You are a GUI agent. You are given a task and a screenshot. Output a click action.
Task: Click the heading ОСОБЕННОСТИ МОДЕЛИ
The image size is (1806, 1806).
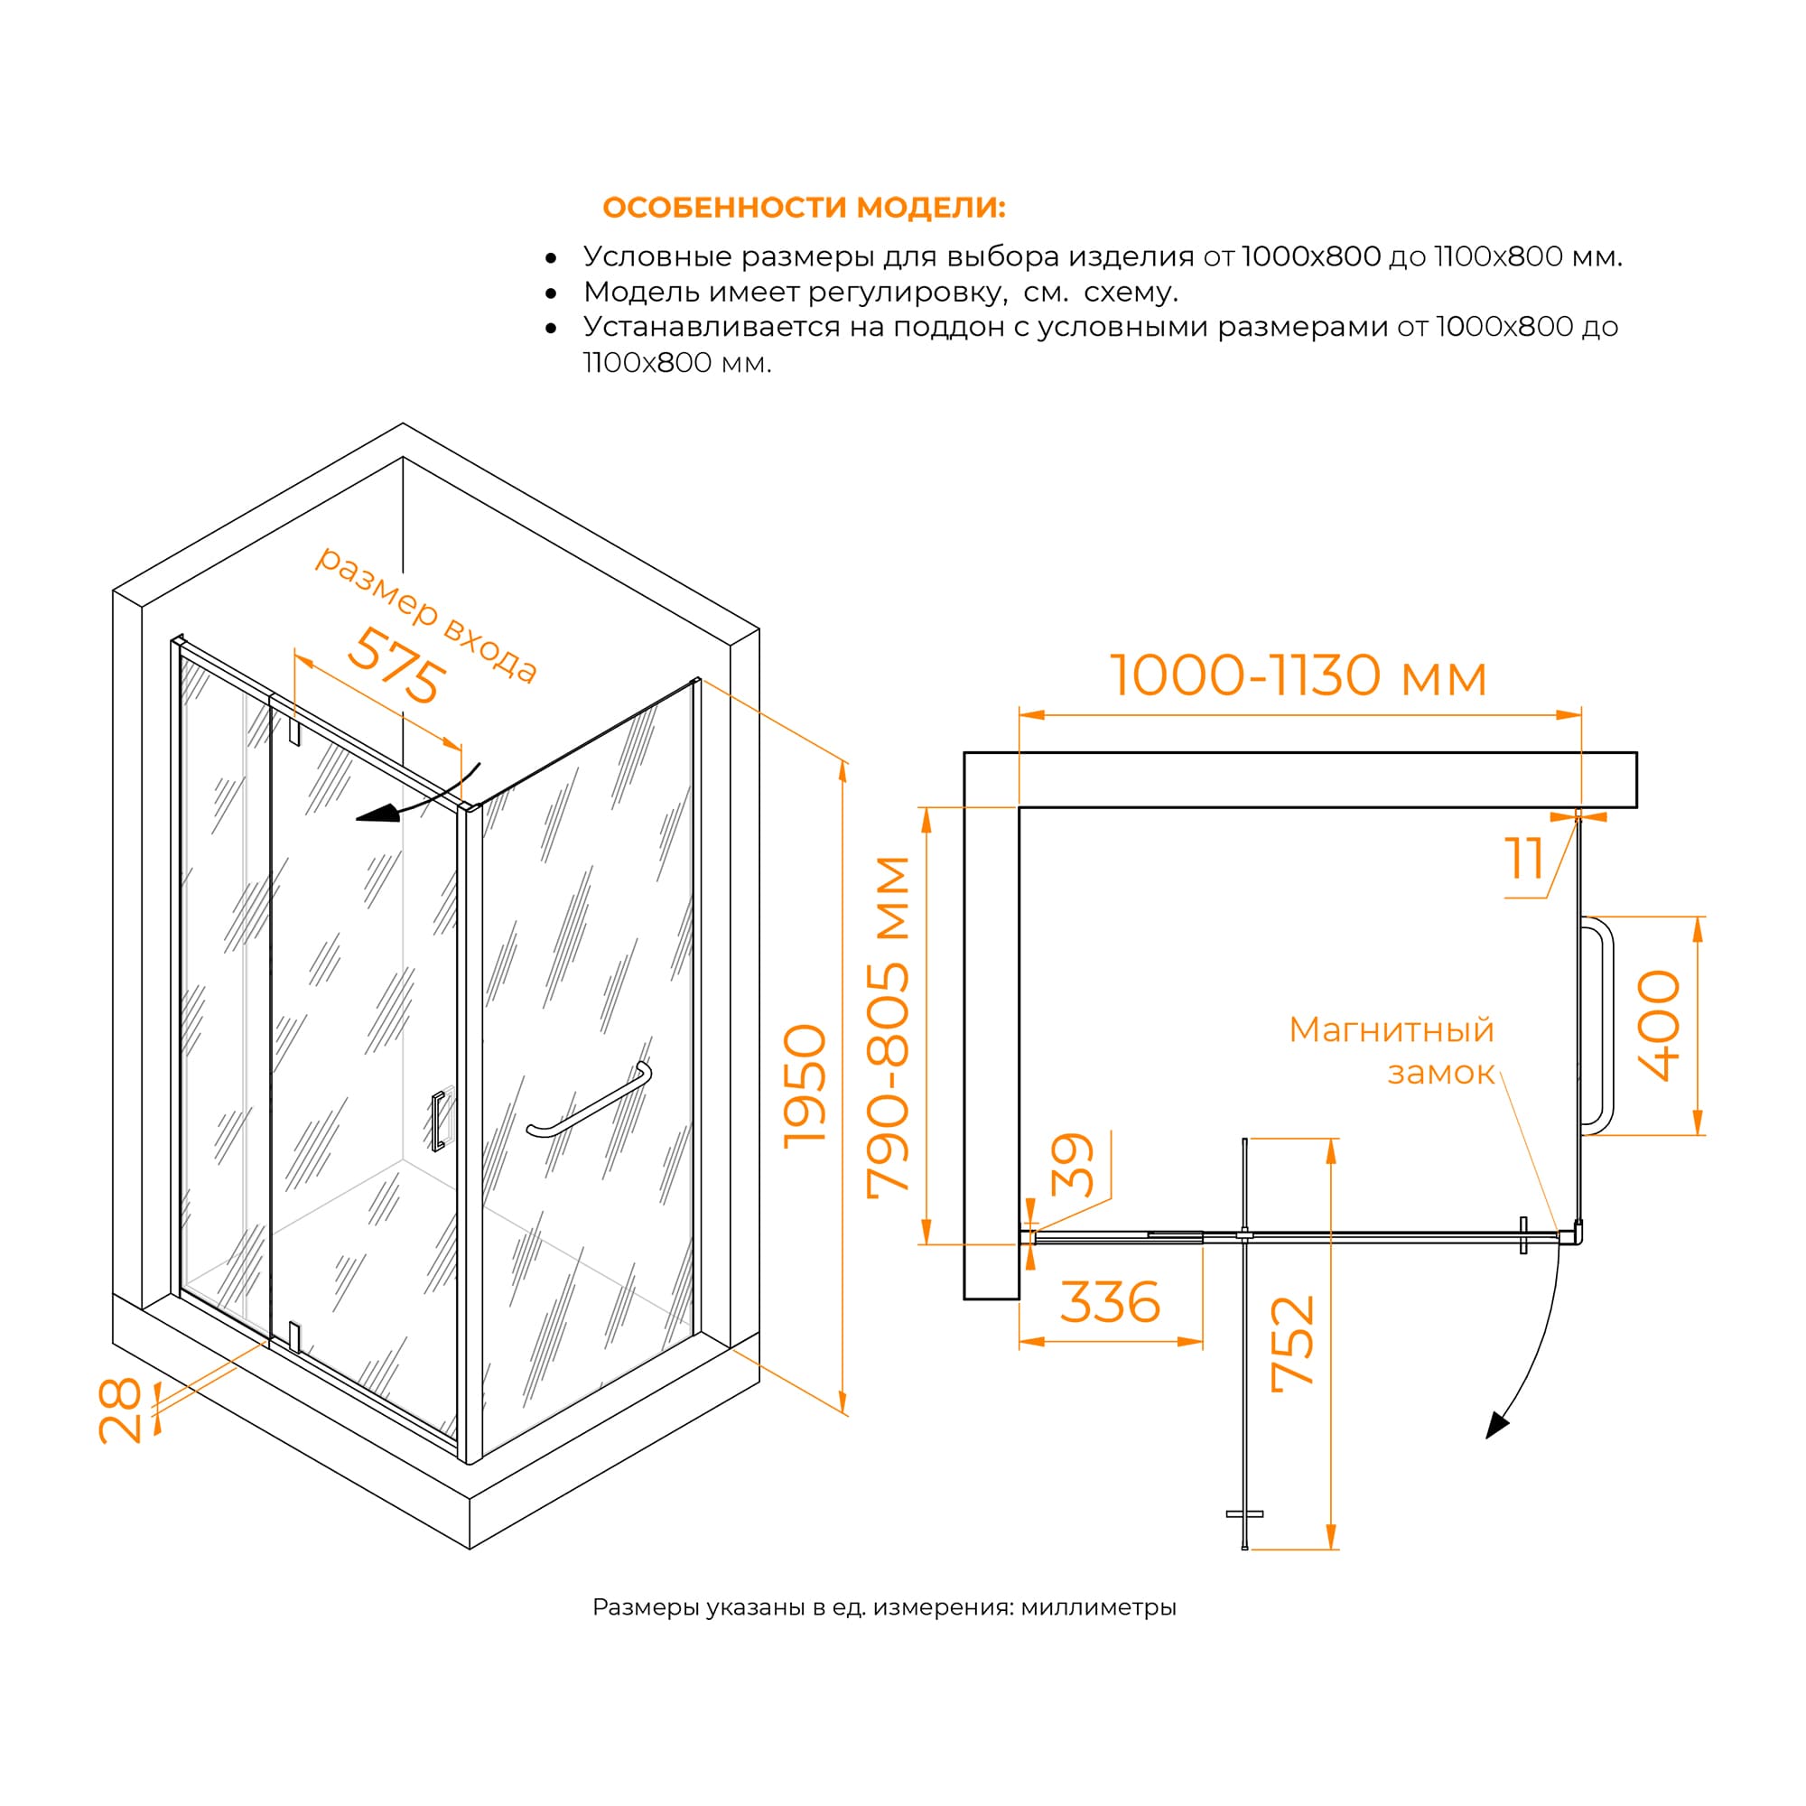coord(804,207)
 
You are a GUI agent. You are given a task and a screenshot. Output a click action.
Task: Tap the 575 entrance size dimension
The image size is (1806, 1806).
coord(396,665)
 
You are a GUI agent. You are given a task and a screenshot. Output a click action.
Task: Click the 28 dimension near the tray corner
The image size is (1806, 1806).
coord(121,1410)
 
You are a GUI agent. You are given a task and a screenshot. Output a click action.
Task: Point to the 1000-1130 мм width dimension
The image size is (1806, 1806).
coord(1298,675)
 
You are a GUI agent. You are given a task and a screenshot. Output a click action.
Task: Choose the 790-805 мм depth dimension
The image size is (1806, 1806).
coord(887,1025)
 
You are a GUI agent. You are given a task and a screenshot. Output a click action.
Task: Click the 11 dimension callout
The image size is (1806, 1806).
coord(1523,858)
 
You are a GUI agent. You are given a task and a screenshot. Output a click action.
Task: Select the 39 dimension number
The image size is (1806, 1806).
coord(1072,1165)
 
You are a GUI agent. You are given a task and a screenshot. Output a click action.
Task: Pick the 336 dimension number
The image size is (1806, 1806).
coord(1111,1302)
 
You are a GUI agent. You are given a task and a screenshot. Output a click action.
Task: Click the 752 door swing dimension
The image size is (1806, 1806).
coord(1294,1344)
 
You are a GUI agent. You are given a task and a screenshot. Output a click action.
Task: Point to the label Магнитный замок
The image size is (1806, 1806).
coord(1392,1051)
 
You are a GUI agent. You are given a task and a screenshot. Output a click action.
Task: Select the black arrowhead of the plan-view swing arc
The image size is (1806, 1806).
coord(1497,1426)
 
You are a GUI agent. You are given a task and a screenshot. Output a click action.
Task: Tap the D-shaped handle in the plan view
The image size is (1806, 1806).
coord(1597,1026)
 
